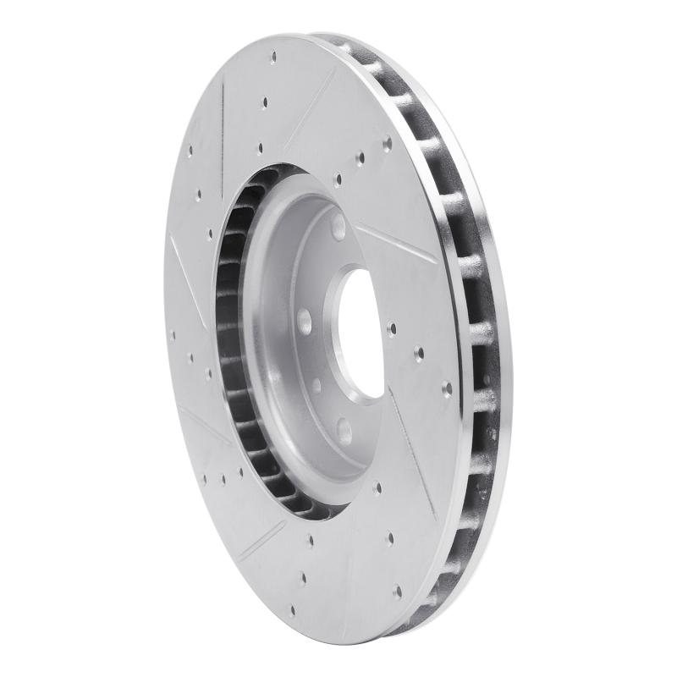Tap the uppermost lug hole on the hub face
(338, 227)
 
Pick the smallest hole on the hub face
(316, 385)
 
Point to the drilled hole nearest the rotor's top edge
(272, 57)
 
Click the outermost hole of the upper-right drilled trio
(387, 142)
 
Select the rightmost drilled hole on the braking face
(446, 388)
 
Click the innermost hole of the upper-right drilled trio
(339, 179)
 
